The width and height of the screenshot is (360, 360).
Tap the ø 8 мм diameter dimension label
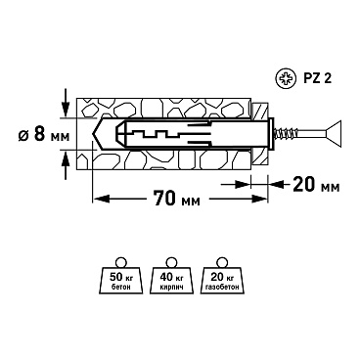point(44,134)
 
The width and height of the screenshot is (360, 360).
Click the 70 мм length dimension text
point(176,199)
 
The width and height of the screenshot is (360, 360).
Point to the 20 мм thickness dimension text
point(316,185)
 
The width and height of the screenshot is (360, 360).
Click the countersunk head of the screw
point(334,133)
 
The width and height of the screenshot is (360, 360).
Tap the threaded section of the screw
point(287,133)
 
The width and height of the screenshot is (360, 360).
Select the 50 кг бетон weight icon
point(120,276)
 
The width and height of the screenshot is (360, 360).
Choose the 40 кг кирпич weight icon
point(171,276)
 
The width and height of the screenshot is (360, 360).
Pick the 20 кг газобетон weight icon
point(222,276)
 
